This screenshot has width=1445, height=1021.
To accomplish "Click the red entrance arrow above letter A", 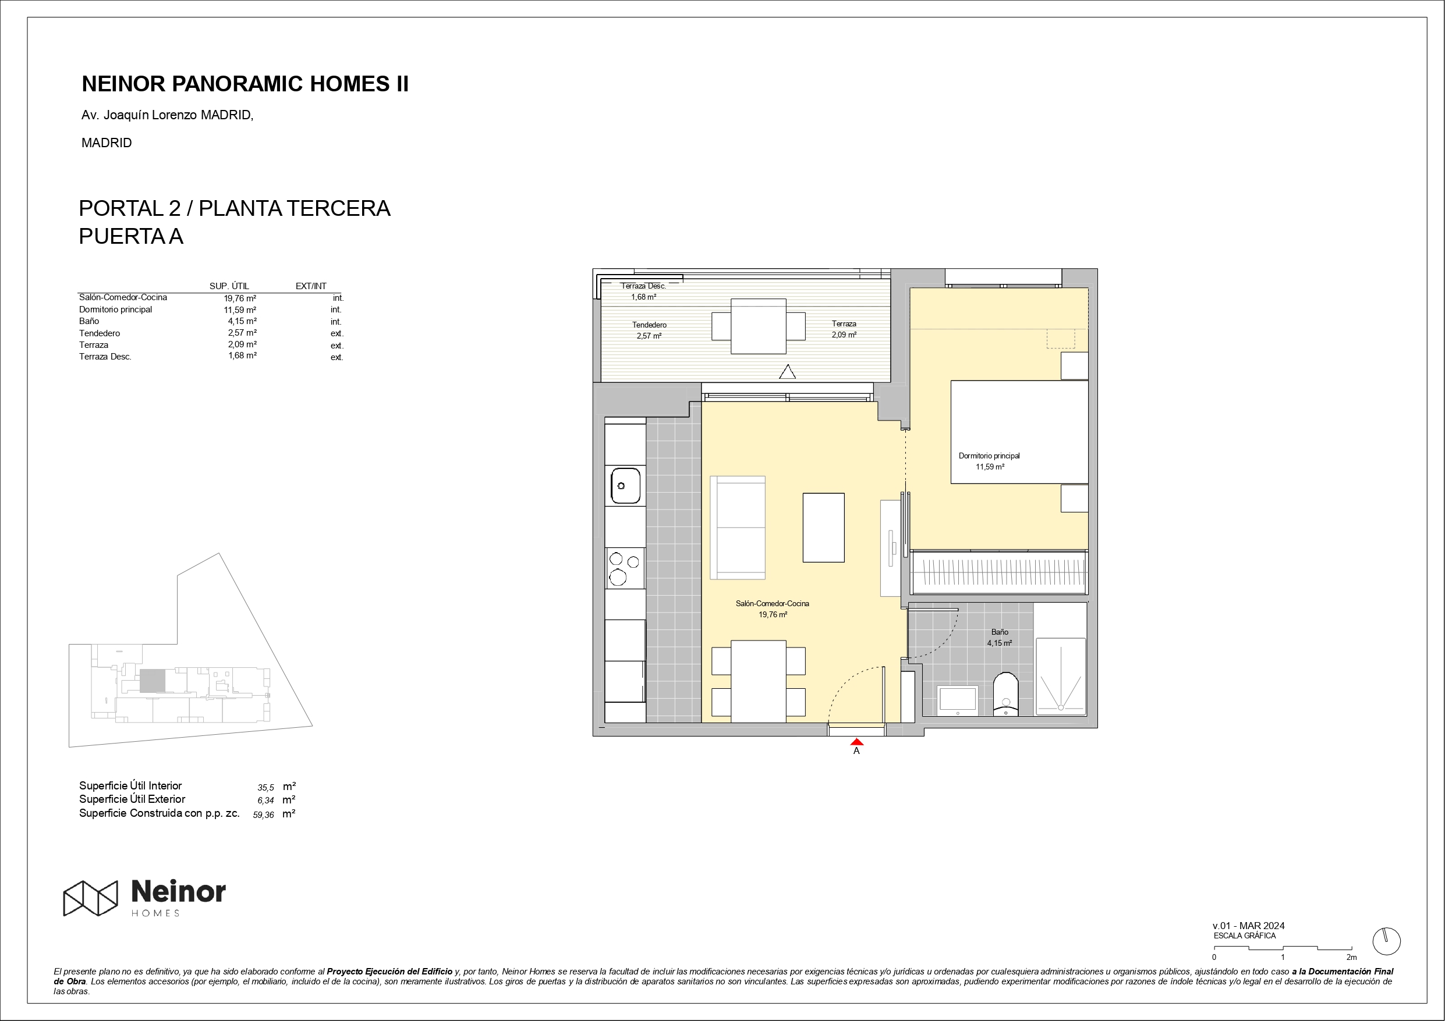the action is (x=856, y=742).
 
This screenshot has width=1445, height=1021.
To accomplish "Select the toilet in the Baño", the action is (x=1005, y=694).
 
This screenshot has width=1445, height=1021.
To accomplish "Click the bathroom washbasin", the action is (x=958, y=700).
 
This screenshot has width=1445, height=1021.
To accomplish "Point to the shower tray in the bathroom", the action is (x=1061, y=676).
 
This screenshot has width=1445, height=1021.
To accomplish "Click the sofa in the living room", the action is (x=738, y=527).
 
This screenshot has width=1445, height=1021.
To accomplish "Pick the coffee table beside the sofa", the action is (x=823, y=527).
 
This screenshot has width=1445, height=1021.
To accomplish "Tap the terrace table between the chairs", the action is (x=759, y=326).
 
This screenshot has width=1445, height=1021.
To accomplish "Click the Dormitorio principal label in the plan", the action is (x=989, y=456).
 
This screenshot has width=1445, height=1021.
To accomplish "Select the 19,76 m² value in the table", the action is (x=240, y=298).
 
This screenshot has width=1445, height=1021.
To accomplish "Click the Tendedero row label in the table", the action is (x=100, y=333).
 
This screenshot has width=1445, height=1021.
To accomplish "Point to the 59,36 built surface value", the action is (x=263, y=814).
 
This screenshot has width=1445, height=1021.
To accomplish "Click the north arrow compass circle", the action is (x=1386, y=942).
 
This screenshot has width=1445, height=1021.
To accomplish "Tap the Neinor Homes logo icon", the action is (x=90, y=898).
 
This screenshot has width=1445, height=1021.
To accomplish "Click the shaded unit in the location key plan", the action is (x=153, y=681).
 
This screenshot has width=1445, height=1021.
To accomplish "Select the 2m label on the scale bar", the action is (x=1351, y=957).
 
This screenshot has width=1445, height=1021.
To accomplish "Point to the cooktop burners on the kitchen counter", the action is (x=625, y=568).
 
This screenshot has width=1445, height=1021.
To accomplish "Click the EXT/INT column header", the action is (x=311, y=286).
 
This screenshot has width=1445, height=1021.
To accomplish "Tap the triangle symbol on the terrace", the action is (x=787, y=372).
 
